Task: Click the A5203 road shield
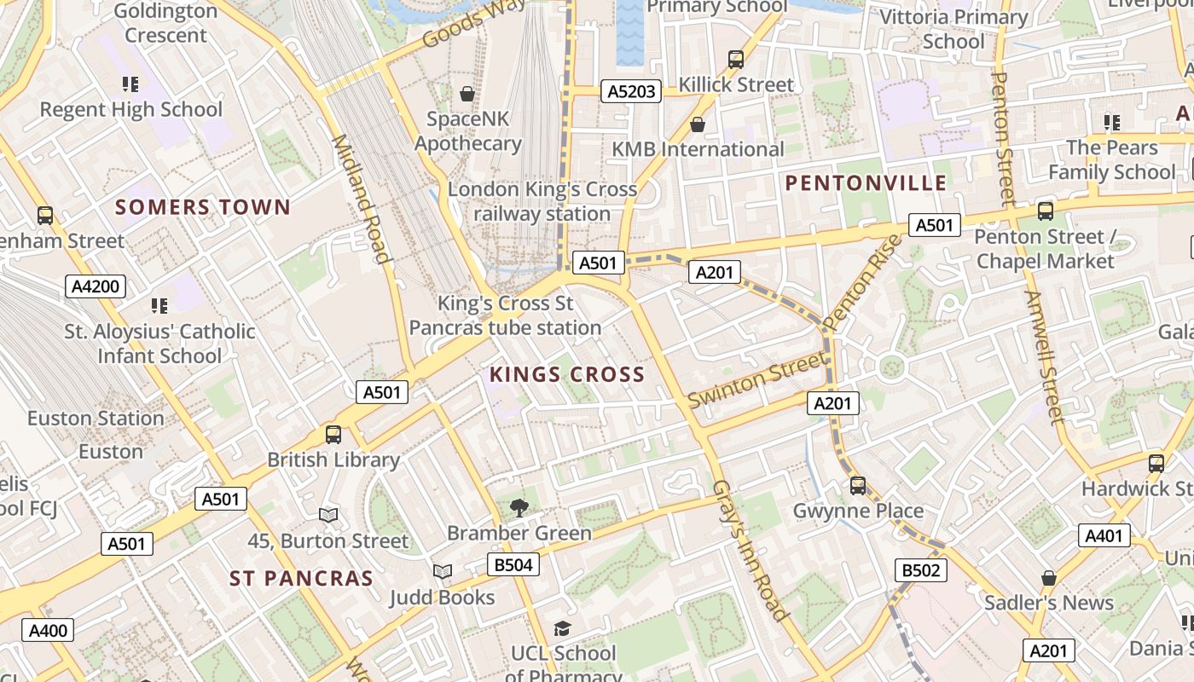pos(631,91)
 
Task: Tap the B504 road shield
pos(513,564)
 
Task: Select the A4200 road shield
pos(96,286)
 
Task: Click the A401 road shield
pos(1105,535)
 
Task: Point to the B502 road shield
pos(921,570)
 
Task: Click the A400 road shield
pos(47,631)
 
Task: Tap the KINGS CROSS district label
pos(567,374)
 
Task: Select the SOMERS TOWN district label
pos(203,207)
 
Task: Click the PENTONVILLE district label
pos(866,183)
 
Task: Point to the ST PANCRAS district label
pos(301,579)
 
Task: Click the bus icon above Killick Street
pos(736,60)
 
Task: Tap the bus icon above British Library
pos(333,435)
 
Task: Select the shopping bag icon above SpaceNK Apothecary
pos(467,94)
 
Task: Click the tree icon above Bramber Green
pos(519,508)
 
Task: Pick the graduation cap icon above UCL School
pos(562,629)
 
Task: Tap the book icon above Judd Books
pos(442,572)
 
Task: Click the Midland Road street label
pos(361,198)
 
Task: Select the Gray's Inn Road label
pos(750,550)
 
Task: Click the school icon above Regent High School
pos(130,84)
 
